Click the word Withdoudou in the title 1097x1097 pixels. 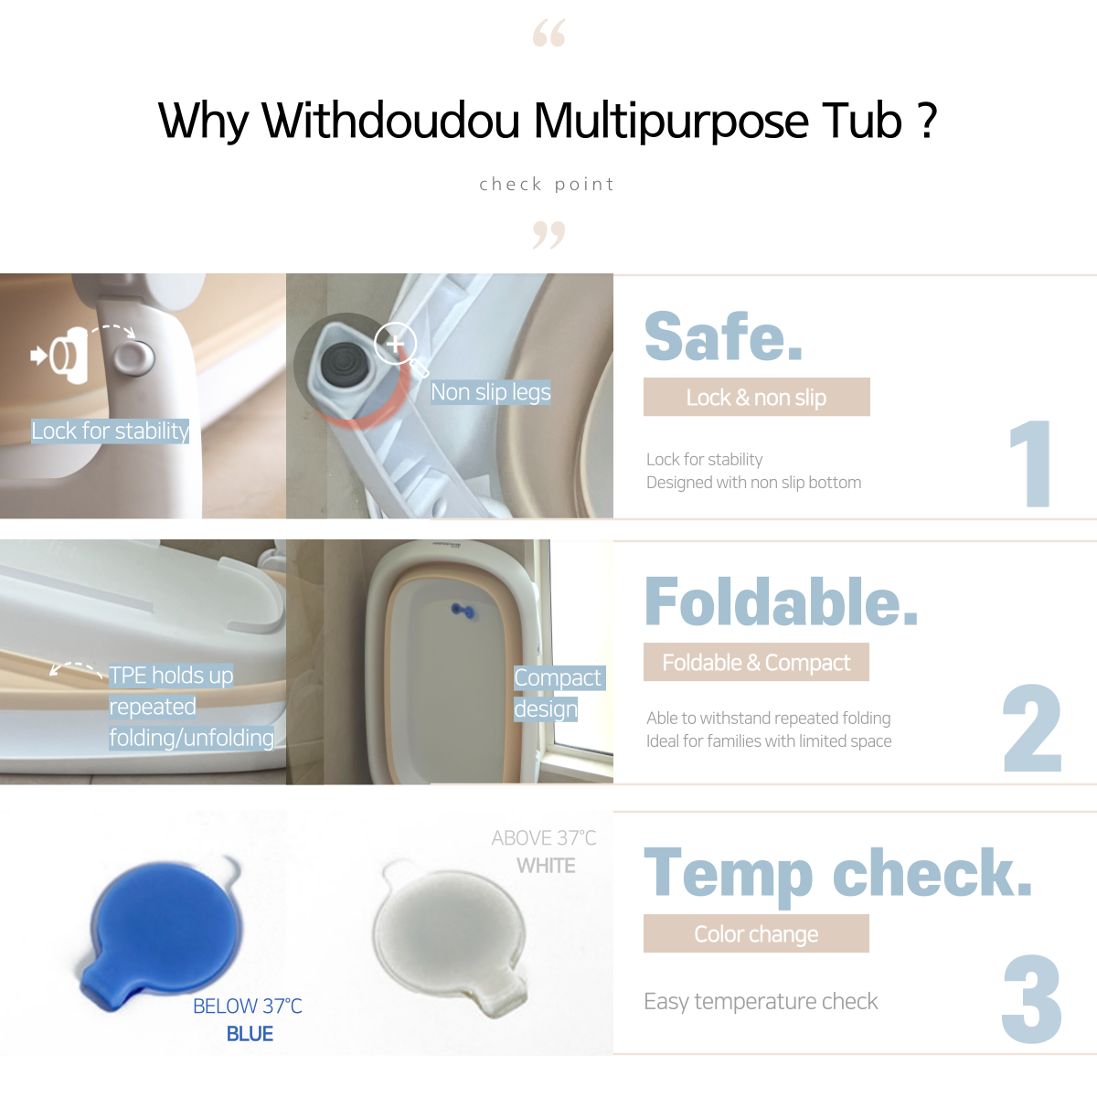(x=390, y=121)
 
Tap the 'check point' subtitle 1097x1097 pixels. (x=547, y=184)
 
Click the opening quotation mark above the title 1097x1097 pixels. (x=548, y=32)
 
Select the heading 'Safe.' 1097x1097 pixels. (x=723, y=336)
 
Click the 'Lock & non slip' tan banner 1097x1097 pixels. (x=757, y=397)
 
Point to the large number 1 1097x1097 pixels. (x=1029, y=463)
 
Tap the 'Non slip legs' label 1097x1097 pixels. (x=491, y=392)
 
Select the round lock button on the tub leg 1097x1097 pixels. (x=133, y=358)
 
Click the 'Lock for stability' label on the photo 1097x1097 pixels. (x=110, y=431)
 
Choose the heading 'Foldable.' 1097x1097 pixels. (x=781, y=602)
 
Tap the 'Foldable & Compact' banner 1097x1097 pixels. (x=757, y=662)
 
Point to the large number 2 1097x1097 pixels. (x=1032, y=728)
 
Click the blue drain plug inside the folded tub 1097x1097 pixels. (x=463, y=611)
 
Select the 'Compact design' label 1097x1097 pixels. (x=559, y=693)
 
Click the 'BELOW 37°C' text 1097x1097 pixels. (x=247, y=1006)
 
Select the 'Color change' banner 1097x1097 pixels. (x=757, y=933)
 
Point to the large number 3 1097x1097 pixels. (x=1032, y=999)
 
